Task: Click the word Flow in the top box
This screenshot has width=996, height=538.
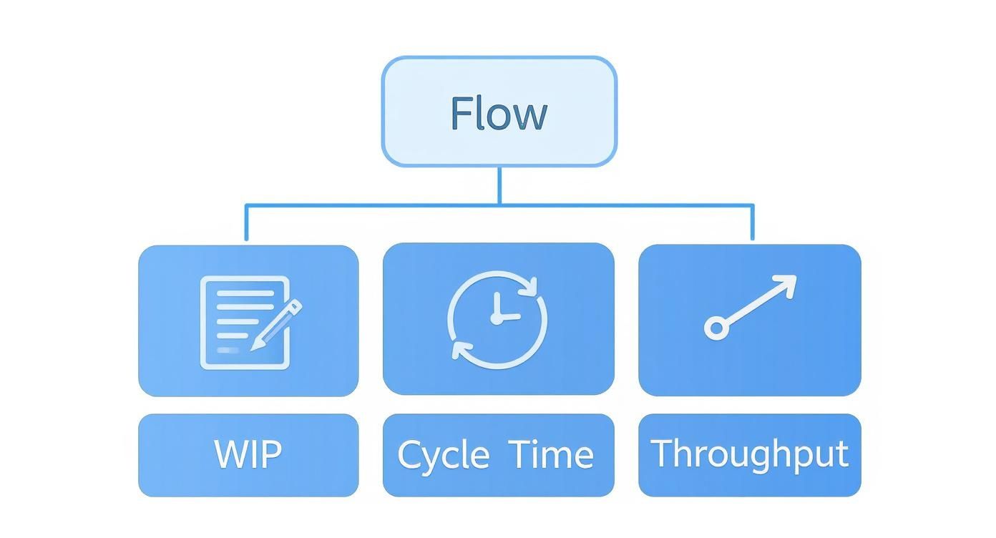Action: pos(499,114)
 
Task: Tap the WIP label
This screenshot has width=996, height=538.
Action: pos(248,454)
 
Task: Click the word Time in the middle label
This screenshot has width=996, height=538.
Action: pos(552,454)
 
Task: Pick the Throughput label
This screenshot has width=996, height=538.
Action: pos(749,454)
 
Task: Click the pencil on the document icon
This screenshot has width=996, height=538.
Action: pos(278,323)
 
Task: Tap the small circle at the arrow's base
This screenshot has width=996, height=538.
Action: pos(716,328)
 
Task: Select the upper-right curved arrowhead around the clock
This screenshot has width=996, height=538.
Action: pos(529,286)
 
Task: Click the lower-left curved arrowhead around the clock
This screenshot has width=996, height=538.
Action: pos(461,351)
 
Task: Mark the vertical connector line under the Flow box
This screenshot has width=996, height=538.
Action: pos(499,185)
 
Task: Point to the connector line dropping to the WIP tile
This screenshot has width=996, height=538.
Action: pos(246,224)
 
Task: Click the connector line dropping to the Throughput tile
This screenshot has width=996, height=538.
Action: pos(752,224)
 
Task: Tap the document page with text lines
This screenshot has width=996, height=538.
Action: pos(236,322)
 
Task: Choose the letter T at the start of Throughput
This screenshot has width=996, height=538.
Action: pos(662,453)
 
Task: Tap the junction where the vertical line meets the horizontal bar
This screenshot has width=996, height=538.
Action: pos(499,205)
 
